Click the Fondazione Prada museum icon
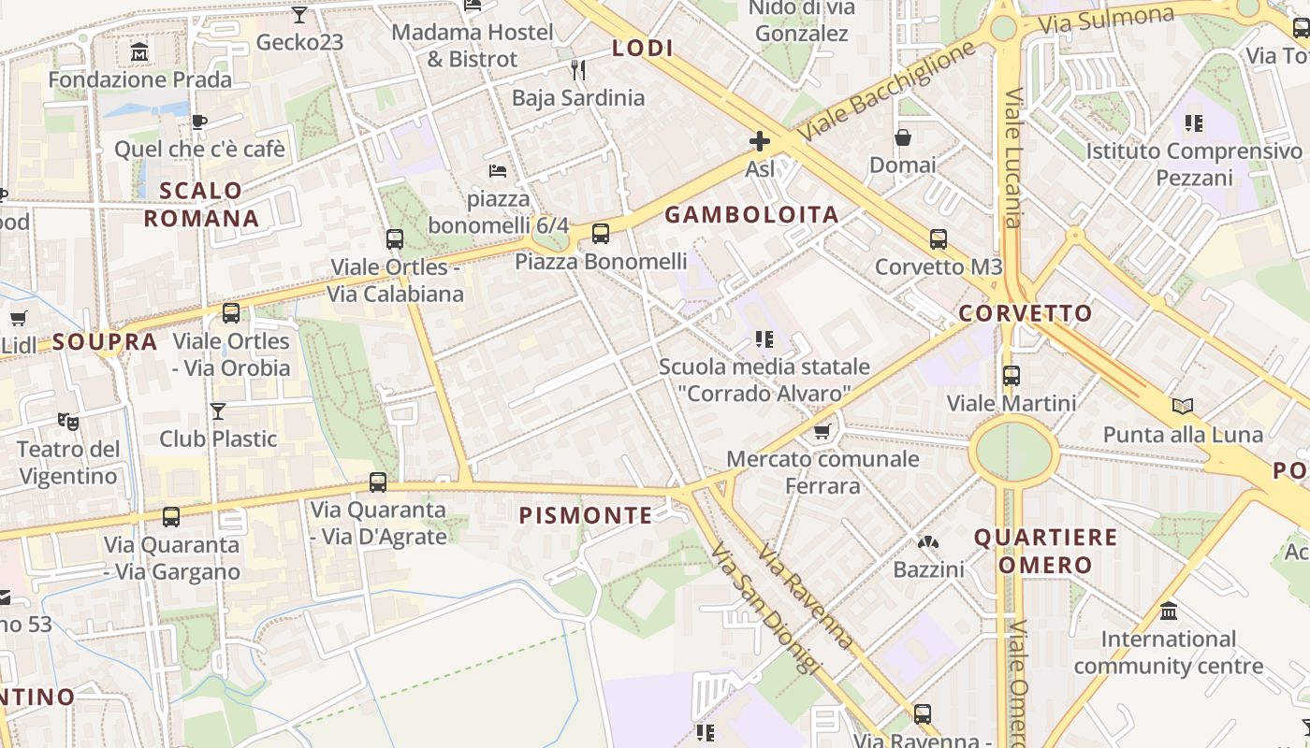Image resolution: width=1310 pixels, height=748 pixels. coord(139,52)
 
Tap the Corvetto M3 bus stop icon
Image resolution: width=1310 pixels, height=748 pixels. coord(939,239)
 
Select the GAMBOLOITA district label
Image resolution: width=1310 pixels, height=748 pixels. coord(751,215)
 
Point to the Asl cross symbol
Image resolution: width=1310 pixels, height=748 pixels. coord(760,141)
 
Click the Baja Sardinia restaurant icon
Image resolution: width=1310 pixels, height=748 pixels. coord(577,70)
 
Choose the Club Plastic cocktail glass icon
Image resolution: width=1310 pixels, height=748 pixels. coord(218,410)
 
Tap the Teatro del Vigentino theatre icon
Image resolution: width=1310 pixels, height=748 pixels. coord(68,422)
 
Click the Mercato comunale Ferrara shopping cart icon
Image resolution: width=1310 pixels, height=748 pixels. coord(822,431)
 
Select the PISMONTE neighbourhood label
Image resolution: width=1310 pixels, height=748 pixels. coord(586,515)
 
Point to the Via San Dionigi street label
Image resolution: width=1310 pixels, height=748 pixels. coord(764,609)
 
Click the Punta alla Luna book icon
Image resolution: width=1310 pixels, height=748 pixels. coord(1183,406)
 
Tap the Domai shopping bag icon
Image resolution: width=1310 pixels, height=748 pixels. coord(903,138)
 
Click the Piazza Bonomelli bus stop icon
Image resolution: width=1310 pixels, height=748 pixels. coord(601,234)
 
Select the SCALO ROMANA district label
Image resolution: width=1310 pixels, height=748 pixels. coord(200,205)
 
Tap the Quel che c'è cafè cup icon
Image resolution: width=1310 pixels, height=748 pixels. coord(198,122)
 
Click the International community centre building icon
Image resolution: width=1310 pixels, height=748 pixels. coord(1169,611)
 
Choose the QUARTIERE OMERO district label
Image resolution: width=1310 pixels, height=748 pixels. coord(1045,551)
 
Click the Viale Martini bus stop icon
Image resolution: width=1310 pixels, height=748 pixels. coord(1012,376)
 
